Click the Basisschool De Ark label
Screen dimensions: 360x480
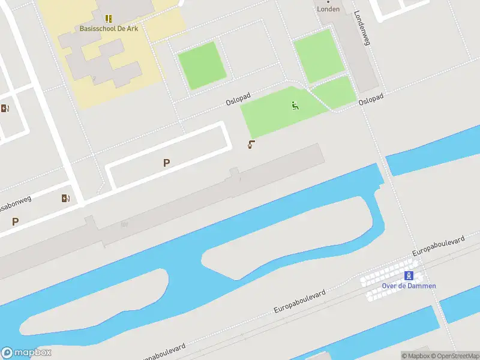(x=109, y=28)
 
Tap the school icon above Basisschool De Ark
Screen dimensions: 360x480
(x=109, y=19)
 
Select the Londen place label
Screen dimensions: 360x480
(x=328, y=9)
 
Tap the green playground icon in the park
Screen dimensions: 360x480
(x=295, y=106)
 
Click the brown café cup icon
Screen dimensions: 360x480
(x=251, y=144)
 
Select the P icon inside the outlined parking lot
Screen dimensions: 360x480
(x=166, y=163)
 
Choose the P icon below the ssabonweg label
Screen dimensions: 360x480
(x=15, y=221)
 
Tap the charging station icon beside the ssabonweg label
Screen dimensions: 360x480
(x=65, y=198)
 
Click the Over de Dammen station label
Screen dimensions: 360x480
(x=409, y=286)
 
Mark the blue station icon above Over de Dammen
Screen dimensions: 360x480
(x=409, y=275)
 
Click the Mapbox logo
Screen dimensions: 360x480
(x=26, y=352)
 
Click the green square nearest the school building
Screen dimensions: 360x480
(x=202, y=65)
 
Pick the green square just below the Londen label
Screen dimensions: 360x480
(x=318, y=55)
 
